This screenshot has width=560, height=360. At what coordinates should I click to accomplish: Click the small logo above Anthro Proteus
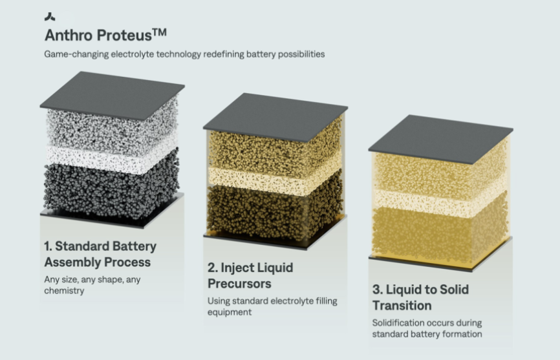pyautogui.click(x=50, y=16)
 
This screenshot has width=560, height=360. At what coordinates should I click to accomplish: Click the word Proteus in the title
pyautogui.click(x=124, y=36)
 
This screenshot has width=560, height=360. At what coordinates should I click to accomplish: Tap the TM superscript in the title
pyautogui.click(x=160, y=32)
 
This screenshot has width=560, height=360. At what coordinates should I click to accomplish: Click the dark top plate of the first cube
pyautogui.click(x=112, y=95)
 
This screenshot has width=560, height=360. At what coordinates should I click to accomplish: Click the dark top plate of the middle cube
pyautogui.click(x=275, y=117)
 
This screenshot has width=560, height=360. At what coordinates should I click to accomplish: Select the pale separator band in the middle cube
pyautogui.click(x=275, y=180)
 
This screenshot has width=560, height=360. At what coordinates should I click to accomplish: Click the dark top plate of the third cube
pyautogui.click(x=441, y=139)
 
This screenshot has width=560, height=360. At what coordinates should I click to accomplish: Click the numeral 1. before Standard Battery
pyautogui.click(x=48, y=246)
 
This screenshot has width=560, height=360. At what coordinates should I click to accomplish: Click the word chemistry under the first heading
pyautogui.click(x=64, y=291)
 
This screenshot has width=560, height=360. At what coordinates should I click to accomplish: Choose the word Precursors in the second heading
pyautogui.click(x=239, y=284)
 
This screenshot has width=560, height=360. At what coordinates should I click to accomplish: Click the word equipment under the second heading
pyautogui.click(x=230, y=313)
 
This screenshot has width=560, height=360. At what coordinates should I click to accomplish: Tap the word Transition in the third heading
pyautogui.click(x=402, y=306)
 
